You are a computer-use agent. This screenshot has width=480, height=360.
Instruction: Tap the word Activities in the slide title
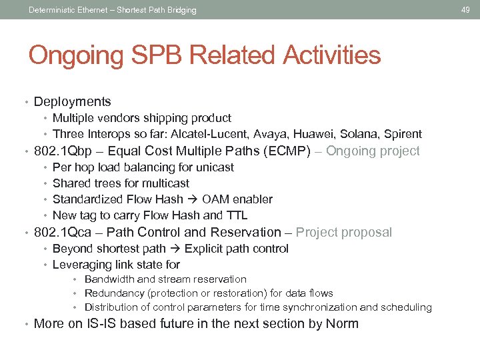pos(331,55)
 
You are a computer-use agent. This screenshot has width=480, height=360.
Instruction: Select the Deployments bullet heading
pos(72,102)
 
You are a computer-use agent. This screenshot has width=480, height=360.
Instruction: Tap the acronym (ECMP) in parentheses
pos(287,151)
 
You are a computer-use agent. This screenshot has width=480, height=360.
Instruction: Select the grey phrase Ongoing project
pos(373,151)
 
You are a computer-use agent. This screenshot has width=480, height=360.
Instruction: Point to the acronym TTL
pos(237,215)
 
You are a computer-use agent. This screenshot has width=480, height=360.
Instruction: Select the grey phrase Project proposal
pos(344,233)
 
